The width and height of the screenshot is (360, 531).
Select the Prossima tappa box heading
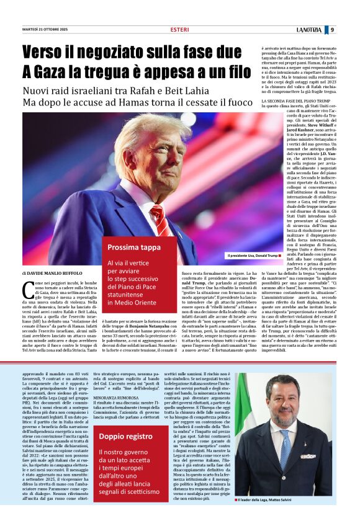coord(134,247)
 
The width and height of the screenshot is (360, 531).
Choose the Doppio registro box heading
coord(125,437)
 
